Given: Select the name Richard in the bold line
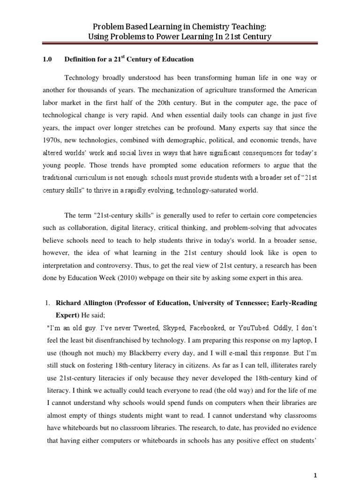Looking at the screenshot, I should (69, 303).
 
